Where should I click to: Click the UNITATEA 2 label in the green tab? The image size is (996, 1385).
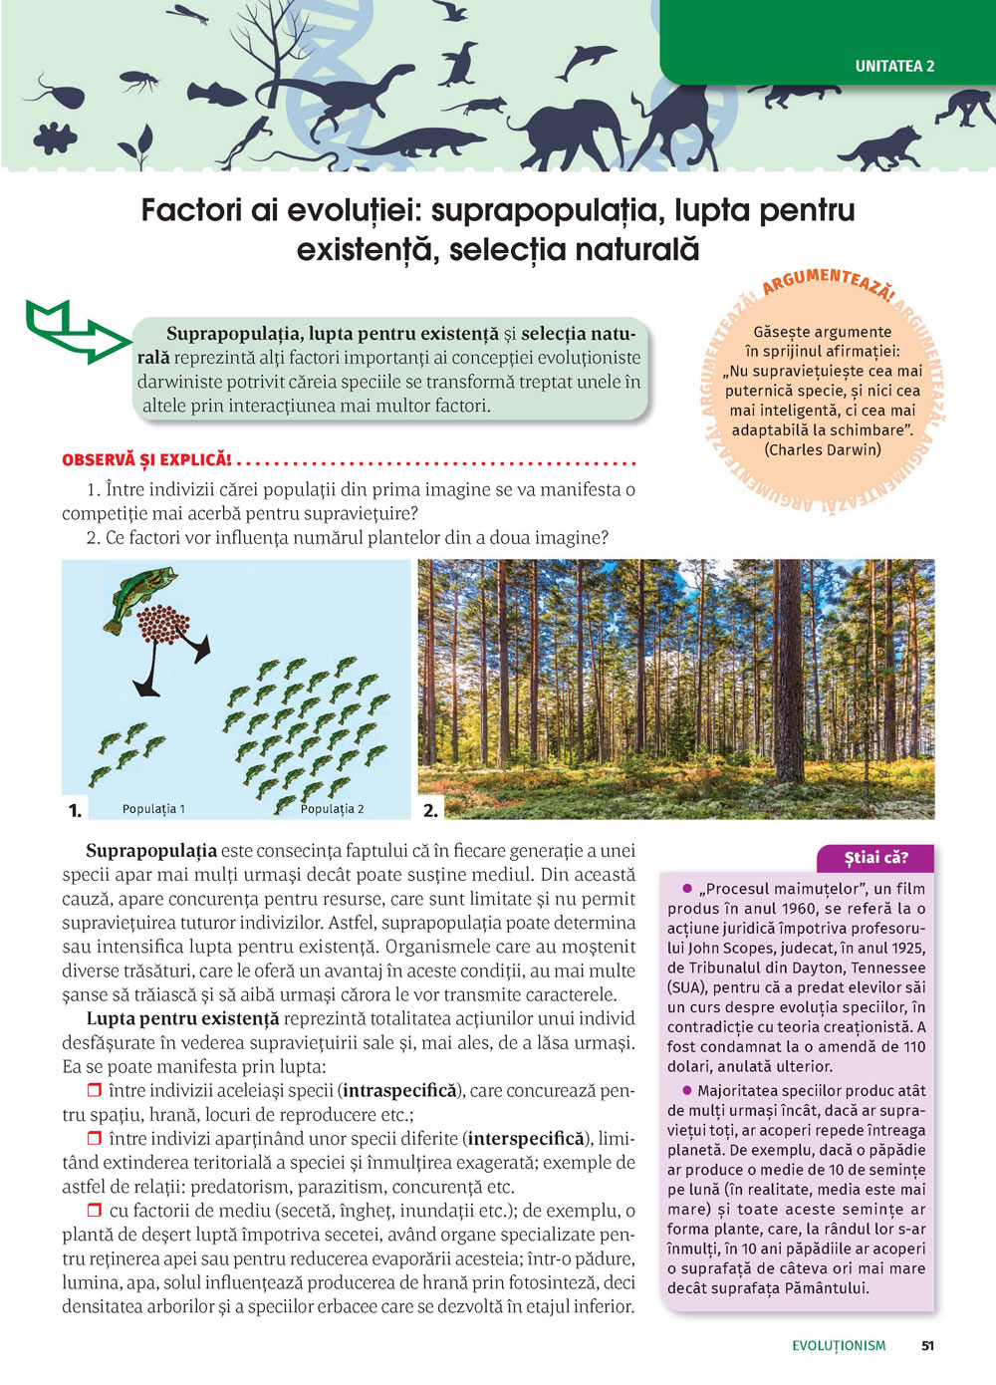pyautogui.click(x=894, y=67)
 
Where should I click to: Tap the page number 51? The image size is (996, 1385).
pyautogui.click(x=927, y=1345)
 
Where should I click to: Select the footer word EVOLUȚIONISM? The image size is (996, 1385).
pyautogui.click(x=839, y=1345)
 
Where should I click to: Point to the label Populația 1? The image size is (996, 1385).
pyautogui.click(x=153, y=809)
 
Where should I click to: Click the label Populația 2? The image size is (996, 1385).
pyautogui.click(x=332, y=809)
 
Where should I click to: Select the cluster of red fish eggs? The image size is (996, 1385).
pyautogui.click(x=163, y=625)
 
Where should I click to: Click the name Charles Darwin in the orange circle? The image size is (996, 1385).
pyautogui.click(x=823, y=449)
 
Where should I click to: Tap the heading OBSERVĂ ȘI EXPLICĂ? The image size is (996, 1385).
pyautogui.click(x=146, y=460)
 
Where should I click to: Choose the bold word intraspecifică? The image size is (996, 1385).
pyautogui.click(x=399, y=1091)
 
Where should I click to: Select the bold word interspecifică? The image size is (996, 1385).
pyautogui.click(x=526, y=1139)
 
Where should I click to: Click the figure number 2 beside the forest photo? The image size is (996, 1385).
pyautogui.click(x=430, y=810)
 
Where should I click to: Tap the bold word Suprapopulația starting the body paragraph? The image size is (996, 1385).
pyautogui.click(x=151, y=852)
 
